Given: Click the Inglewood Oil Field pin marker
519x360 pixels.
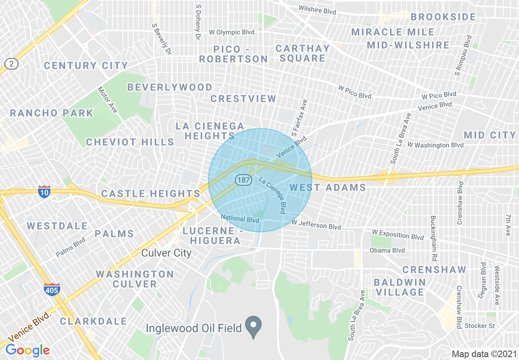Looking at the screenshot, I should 253,325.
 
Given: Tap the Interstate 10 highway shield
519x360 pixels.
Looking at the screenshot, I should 44,191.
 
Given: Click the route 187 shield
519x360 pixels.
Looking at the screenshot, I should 243,180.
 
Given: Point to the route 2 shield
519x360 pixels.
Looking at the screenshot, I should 11,63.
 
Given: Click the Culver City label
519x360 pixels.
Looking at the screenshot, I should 166,253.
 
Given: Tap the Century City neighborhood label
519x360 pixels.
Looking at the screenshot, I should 86,65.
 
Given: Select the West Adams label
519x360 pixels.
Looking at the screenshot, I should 328,188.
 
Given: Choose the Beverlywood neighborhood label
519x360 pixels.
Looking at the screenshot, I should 170,87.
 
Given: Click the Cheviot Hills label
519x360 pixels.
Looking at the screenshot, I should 130,142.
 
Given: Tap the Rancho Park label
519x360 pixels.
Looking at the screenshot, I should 52,113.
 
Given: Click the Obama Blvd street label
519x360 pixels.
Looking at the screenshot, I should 387,250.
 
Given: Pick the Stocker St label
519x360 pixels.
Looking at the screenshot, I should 480,326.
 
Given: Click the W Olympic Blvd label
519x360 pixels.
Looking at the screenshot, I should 232,32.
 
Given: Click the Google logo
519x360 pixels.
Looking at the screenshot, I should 27,350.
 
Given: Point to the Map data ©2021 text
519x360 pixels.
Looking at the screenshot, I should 484,354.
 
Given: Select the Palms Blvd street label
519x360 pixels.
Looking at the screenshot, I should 70,247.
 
